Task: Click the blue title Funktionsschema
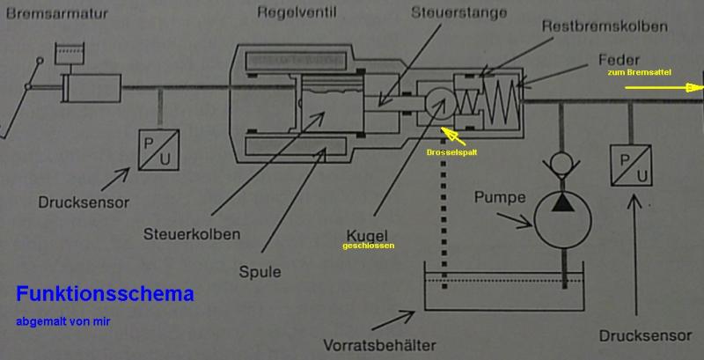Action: tap(105, 294)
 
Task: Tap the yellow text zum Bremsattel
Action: tap(639, 72)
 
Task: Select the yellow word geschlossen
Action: tap(370, 246)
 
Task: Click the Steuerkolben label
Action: tap(190, 234)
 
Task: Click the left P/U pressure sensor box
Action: tap(160, 149)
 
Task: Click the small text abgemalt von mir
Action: tap(62, 321)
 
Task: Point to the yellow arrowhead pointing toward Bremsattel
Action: tap(695, 87)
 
